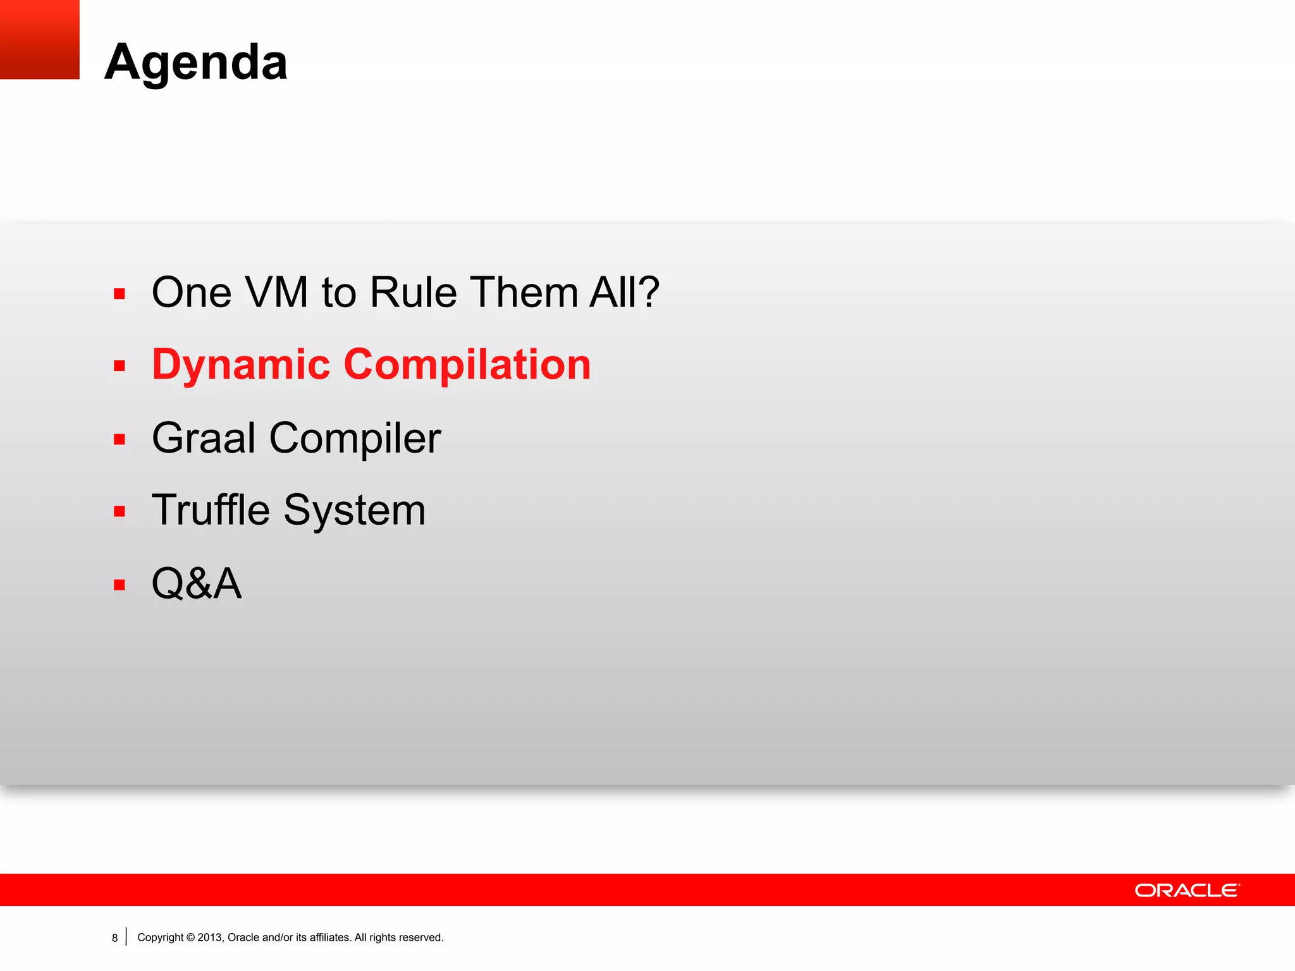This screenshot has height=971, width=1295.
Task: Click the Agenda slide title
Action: tap(196, 62)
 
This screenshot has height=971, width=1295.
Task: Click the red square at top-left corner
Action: tap(39, 39)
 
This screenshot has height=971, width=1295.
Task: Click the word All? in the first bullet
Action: tap(624, 293)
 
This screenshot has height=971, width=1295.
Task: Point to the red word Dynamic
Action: tap(241, 365)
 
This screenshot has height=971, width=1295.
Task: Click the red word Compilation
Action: tap(467, 365)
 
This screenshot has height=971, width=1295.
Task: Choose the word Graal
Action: tap(204, 437)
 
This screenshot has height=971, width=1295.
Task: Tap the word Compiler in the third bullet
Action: tap(355, 439)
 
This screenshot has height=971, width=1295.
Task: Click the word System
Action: tap(355, 511)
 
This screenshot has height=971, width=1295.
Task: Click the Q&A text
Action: tap(197, 583)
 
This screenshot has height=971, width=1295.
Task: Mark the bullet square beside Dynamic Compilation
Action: tap(120, 366)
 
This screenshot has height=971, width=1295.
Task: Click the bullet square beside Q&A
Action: tap(120, 585)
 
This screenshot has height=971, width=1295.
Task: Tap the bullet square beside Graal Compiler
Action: tap(120, 439)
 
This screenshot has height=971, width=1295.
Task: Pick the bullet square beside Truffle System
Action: tap(120, 511)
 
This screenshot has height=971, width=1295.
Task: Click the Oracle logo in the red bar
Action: tap(1187, 890)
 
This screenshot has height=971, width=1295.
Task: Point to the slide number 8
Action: tap(114, 938)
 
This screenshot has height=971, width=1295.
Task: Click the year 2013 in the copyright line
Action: tap(209, 937)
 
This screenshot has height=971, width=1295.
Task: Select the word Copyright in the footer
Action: tap(161, 937)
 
